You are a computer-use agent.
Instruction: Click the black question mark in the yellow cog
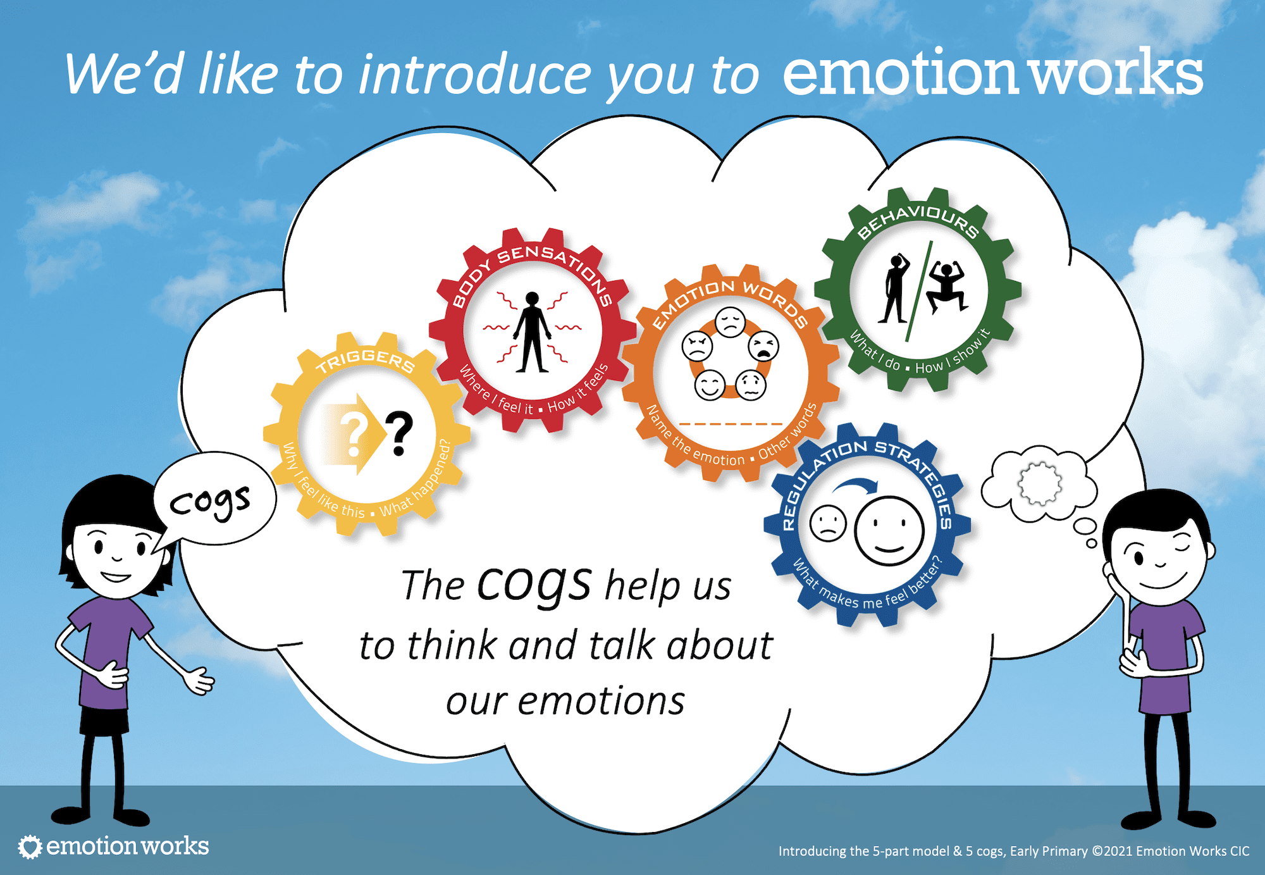tap(399, 433)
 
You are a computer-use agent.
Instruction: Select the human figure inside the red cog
tap(532, 332)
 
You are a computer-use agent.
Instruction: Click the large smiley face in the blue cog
tap(889, 530)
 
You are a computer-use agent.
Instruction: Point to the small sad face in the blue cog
tap(828, 523)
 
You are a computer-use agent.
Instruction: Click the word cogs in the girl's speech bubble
tap(210, 502)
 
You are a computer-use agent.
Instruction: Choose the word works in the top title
tap(1117, 74)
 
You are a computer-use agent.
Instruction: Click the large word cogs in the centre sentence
tap(534, 584)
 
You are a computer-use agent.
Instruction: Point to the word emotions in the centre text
tap(601, 702)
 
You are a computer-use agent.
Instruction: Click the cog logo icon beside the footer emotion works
tap(30, 847)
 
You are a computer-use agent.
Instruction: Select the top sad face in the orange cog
tap(731, 322)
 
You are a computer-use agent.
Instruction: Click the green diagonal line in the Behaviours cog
tap(918, 292)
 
